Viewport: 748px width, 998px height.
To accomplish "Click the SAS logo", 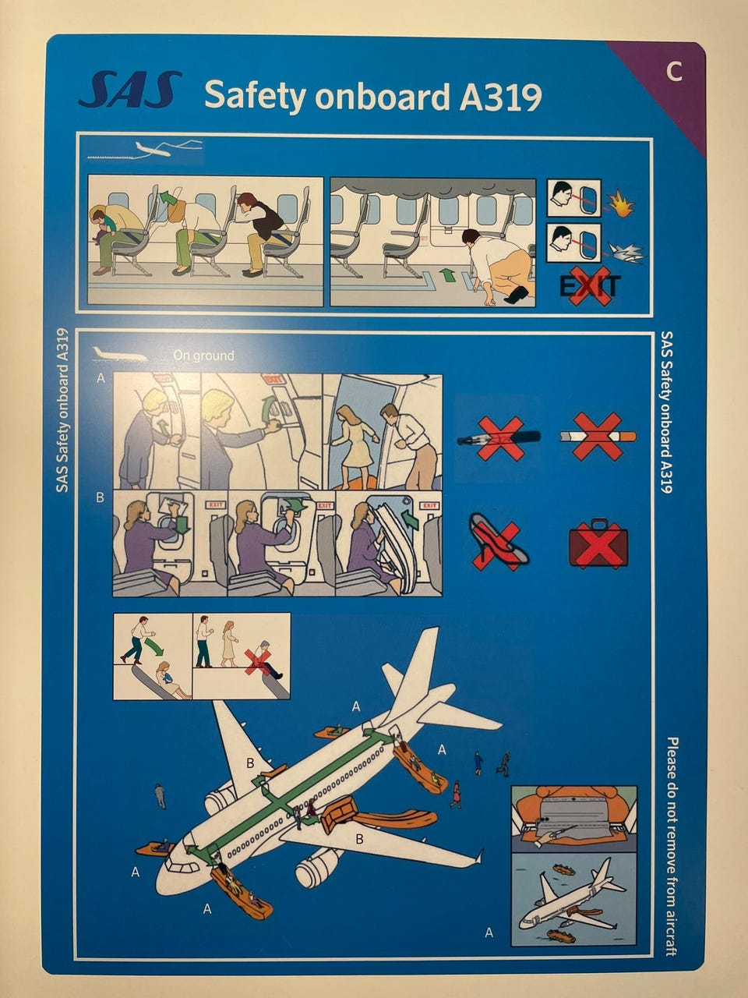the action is point(130,89).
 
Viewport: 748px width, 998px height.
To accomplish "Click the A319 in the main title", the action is point(500,97).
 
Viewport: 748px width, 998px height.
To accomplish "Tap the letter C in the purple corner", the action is point(675,72).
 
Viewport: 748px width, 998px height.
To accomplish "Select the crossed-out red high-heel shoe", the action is point(498,542).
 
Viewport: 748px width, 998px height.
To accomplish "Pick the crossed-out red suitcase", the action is point(598,543).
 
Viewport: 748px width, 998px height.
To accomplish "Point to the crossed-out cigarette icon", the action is point(598,437).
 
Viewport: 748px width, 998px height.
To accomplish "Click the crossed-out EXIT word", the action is point(590,286).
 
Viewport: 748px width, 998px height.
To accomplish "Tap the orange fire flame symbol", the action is point(621,203).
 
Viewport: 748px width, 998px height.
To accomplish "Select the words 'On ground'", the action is point(203,356).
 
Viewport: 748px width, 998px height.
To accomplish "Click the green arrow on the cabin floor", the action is point(448,274).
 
